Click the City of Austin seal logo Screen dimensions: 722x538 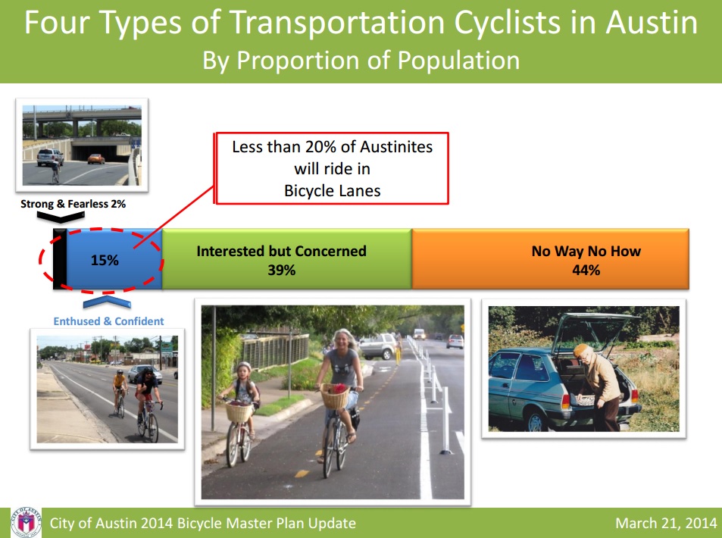point(27,522)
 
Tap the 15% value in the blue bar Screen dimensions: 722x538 point(105,260)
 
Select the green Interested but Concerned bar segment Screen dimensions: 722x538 point(287,259)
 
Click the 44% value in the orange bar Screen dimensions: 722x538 point(586,270)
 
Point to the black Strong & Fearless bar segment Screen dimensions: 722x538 point(60,259)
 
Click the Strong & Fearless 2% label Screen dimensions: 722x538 point(73,204)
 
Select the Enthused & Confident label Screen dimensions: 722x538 point(108,321)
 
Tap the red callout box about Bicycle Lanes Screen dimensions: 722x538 point(332,168)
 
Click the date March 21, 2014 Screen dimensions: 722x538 point(666,524)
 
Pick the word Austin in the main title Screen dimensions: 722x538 point(651,22)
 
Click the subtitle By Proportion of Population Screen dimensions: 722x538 point(361,61)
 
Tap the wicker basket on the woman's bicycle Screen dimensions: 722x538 point(335,396)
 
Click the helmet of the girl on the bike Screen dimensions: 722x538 point(244,367)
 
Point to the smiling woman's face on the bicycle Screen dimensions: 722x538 point(342,341)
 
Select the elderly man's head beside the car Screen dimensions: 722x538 point(582,353)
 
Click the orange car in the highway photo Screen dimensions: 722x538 point(96,159)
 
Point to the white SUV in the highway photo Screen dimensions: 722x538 point(50,157)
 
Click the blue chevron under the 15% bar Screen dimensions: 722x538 point(107,302)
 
